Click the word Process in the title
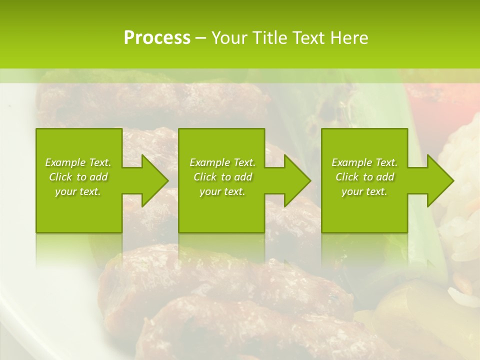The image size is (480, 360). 157,38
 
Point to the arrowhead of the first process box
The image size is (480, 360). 154,180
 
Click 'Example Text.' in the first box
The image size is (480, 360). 78,162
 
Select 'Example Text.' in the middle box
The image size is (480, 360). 222,162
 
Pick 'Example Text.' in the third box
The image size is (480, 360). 364,162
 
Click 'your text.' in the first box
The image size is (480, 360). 78,191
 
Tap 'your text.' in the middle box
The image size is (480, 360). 222,191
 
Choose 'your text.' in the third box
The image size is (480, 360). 364,191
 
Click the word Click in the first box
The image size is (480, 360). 60,177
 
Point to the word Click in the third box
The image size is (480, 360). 347,177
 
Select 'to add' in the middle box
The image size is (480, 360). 236,177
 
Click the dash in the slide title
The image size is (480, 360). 200,38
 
